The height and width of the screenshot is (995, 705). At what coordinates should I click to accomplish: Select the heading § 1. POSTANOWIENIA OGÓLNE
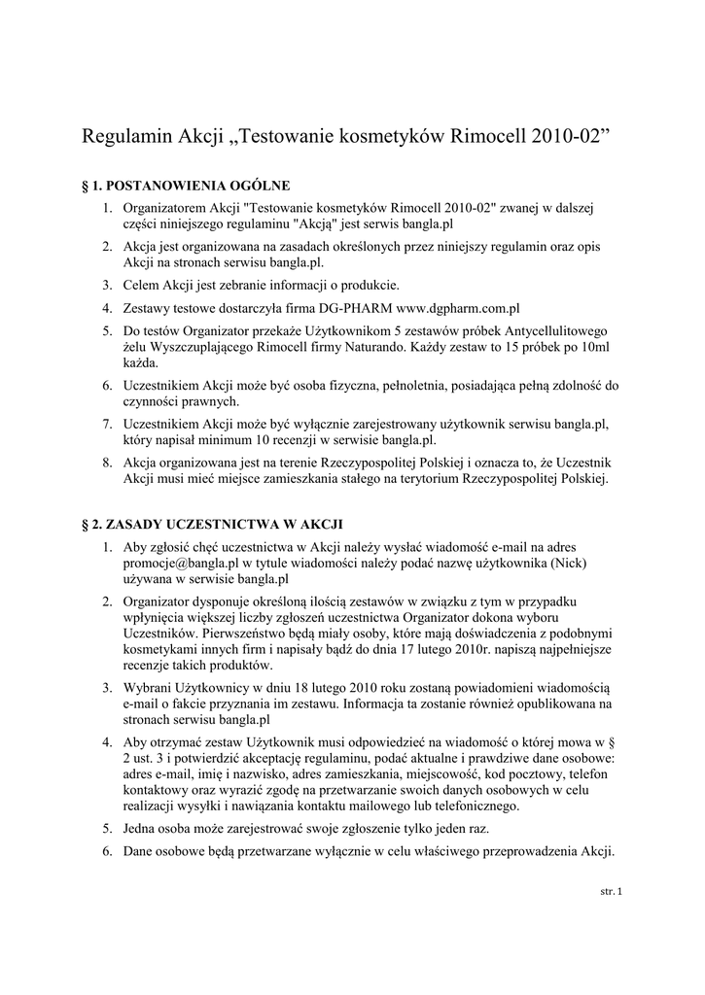pyautogui.click(x=188, y=184)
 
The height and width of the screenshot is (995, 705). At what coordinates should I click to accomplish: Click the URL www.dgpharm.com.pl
pyautogui.click(x=460, y=309)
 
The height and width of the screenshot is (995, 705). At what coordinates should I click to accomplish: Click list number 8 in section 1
pyautogui.click(x=108, y=462)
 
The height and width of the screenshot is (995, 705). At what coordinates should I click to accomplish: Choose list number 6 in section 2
pyautogui.click(x=108, y=852)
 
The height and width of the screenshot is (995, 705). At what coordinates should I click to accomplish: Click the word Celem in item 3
pyautogui.click(x=141, y=285)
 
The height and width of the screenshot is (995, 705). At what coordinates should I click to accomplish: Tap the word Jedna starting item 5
pyautogui.click(x=142, y=829)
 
